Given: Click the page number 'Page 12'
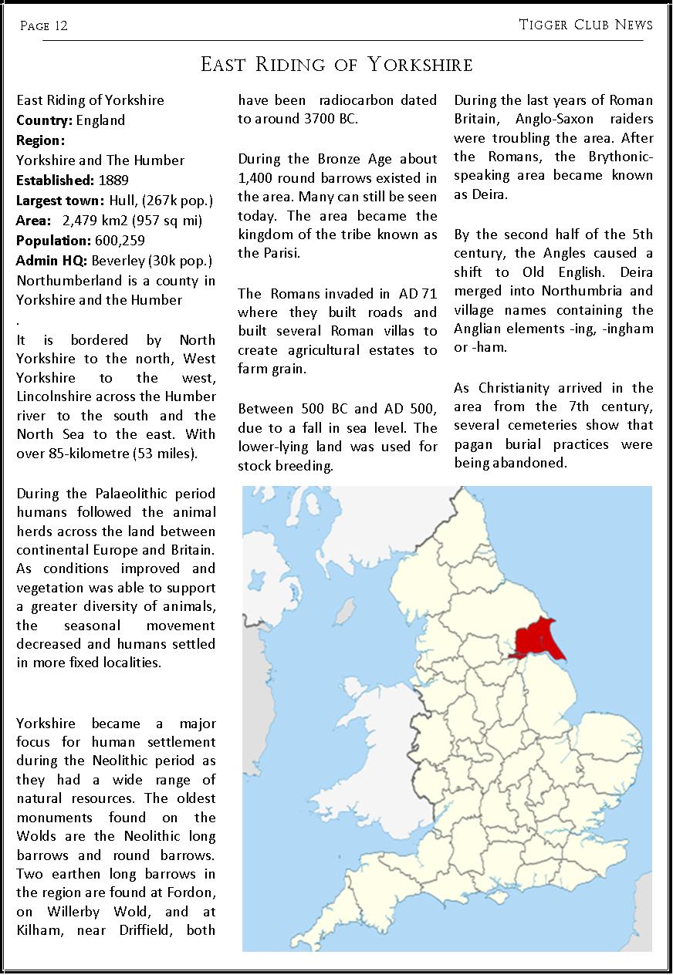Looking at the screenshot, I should pyautogui.click(x=44, y=26).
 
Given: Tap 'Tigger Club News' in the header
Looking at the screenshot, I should pyautogui.click(x=586, y=25).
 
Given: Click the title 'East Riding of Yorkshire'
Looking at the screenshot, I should pyautogui.click(x=336, y=64).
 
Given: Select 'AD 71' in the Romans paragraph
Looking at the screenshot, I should pyautogui.click(x=418, y=294).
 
